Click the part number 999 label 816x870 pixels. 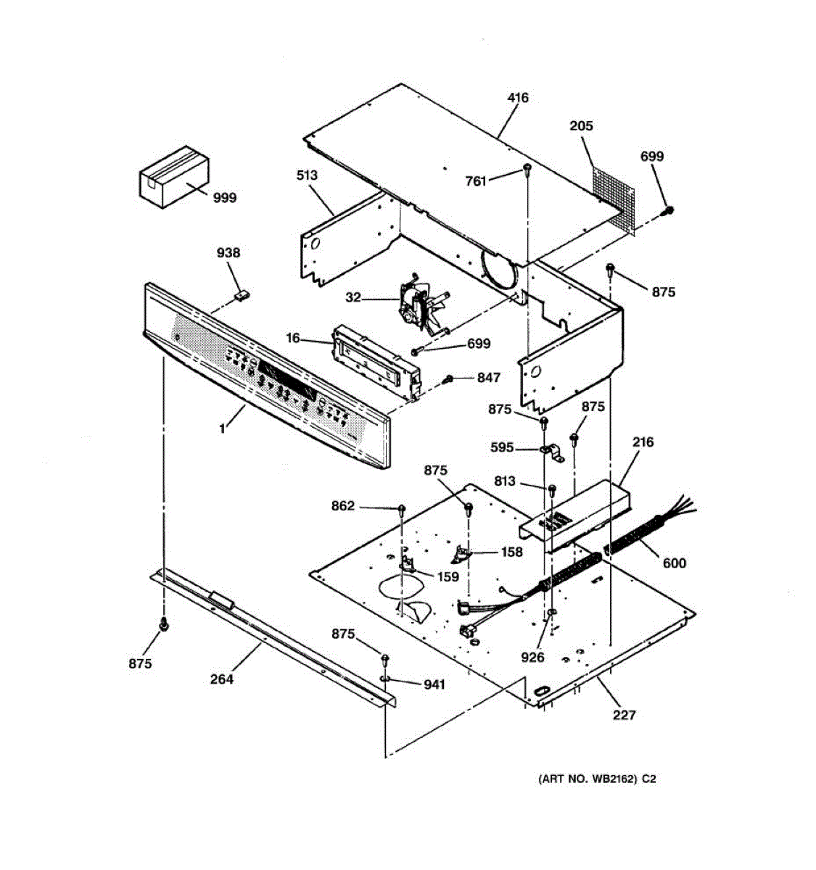[x=225, y=197]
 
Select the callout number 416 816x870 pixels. [x=518, y=98]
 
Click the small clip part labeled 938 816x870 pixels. [x=242, y=294]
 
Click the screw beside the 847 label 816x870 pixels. [x=449, y=379]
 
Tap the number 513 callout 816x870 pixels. [x=307, y=175]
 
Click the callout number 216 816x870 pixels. [x=643, y=442]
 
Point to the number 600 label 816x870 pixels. [x=675, y=563]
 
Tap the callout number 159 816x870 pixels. [x=448, y=577]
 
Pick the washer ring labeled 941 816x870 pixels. [x=384, y=679]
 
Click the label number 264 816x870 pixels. [x=222, y=679]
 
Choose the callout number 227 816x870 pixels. [x=624, y=715]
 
